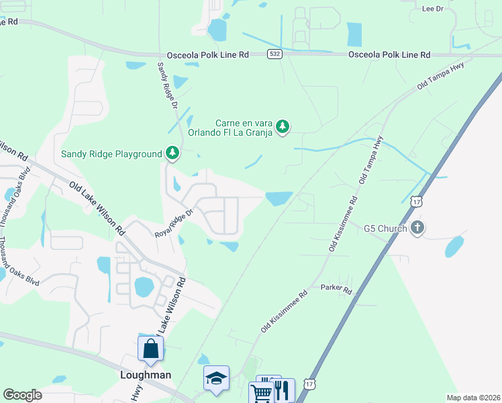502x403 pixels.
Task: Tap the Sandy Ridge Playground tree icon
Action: (x=173, y=154)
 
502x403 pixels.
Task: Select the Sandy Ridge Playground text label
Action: (x=111, y=154)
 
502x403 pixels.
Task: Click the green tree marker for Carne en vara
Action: (x=283, y=126)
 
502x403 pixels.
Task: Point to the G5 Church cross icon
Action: (x=417, y=228)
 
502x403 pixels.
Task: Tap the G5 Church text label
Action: (x=385, y=228)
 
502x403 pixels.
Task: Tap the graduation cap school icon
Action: (x=217, y=378)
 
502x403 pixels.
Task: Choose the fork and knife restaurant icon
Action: (x=283, y=390)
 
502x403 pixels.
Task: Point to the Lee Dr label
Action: (x=433, y=9)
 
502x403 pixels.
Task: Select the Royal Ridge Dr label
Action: (x=174, y=224)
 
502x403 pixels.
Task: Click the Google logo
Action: (x=22, y=395)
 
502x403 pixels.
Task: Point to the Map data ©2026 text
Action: (x=473, y=398)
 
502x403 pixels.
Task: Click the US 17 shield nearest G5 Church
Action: (x=417, y=201)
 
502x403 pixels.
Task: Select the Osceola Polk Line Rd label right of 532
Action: (x=389, y=54)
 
